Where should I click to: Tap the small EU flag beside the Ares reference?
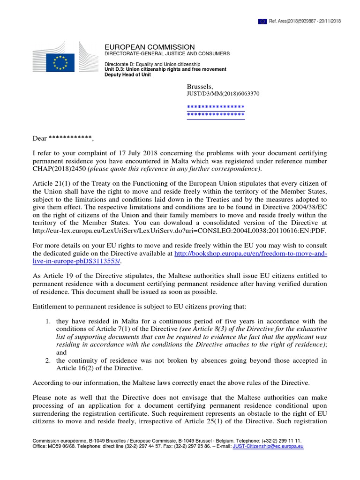[262, 21]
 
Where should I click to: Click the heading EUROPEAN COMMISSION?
[149, 47]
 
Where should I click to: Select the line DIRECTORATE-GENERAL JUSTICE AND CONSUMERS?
[167, 54]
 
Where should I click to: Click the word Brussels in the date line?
[199, 86]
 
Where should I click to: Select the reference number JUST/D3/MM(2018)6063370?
[223, 94]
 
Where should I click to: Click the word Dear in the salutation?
[39, 138]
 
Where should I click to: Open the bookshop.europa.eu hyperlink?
[251, 254]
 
